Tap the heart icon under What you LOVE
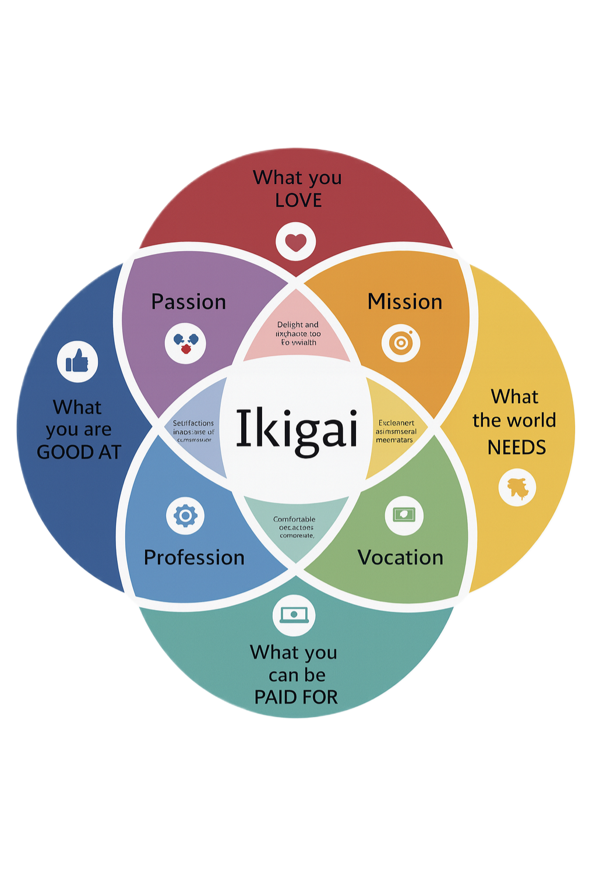coord(296,242)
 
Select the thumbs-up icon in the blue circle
coord(77,362)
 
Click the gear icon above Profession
coord(185,516)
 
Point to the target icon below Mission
coord(401,343)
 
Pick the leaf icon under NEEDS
coord(517,487)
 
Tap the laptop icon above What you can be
coord(294,615)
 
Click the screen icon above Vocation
coord(404,515)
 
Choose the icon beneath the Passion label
coord(185,343)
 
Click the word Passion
coord(188,302)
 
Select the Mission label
coord(405,302)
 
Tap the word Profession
coord(194,558)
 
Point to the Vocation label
coord(400,558)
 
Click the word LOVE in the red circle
coord(298,200)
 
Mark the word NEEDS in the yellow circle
coord(517,447)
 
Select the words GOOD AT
coord(79,452)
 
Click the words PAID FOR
coord(296,697)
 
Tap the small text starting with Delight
coord(298,325)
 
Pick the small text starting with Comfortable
coord(294,519)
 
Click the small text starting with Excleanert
coord(396,423)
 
